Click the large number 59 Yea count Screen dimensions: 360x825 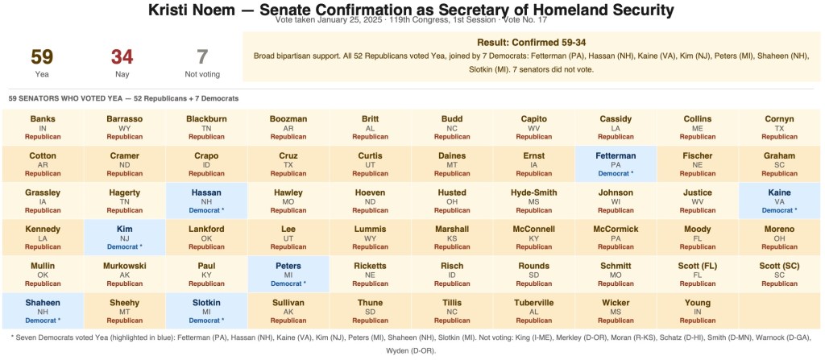pos(42,57)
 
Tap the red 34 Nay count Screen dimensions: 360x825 pos(122,57)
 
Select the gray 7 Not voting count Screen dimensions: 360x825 pos(202,57)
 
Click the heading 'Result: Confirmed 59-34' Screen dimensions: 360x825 pos(531,42)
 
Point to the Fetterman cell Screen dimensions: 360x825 pos(616,163)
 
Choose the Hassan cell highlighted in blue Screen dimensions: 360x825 pos(206,201)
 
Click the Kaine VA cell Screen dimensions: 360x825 pos(779,201)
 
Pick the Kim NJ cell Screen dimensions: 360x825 pos(124,237)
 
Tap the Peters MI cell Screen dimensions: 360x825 pos(288,274)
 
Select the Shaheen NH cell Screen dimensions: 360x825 pos(42,311)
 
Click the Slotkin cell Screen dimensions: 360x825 pos(206,311)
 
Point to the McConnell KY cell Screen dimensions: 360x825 pos(533,237)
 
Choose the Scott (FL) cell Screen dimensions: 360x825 pos(698,274)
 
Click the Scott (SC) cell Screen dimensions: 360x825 pos(779,274)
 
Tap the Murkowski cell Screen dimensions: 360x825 pos(124,274)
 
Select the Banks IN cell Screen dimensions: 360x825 pos(42,127)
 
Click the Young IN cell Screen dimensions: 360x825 pos(698,311)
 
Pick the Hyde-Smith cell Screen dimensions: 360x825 pos(533,201)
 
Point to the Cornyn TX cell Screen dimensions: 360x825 pos(779,127)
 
